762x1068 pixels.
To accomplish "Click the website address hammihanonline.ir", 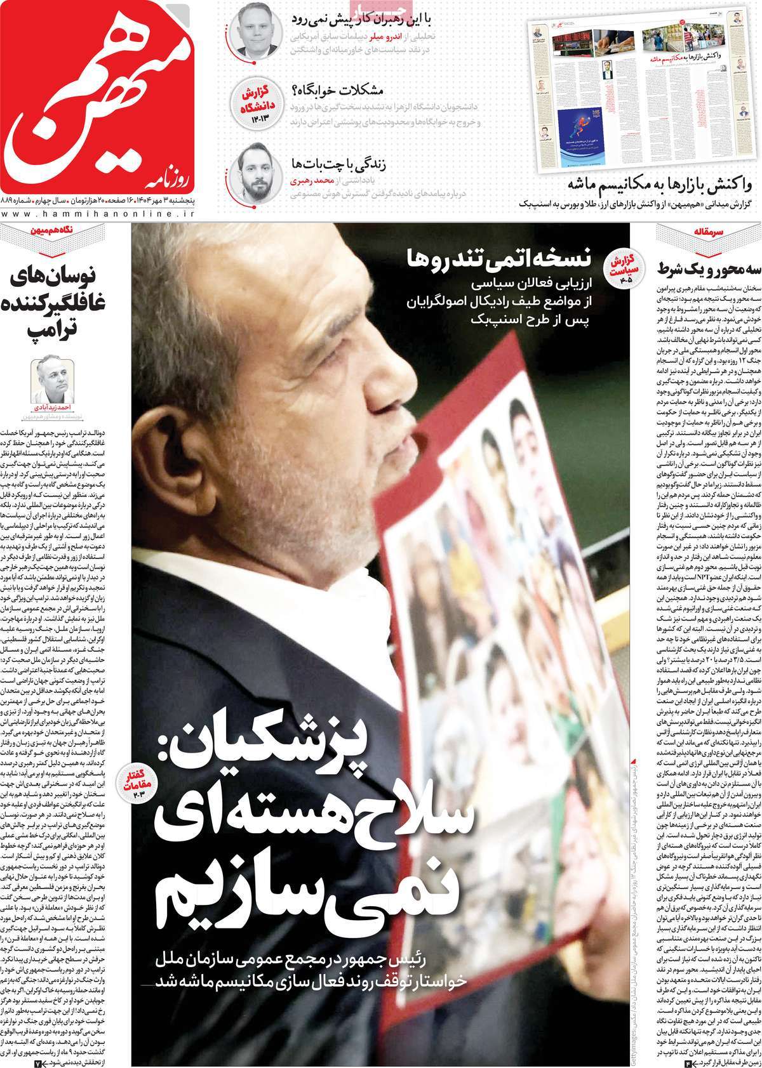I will click(102, 216).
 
